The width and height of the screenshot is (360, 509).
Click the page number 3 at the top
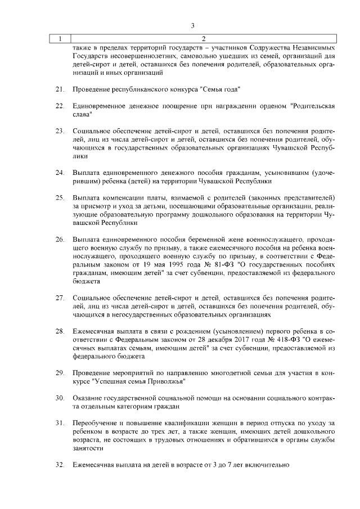point(192,25)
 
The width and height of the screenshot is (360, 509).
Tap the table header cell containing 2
point(203,39)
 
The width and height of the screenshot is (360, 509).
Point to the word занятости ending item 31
point(88,448)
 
